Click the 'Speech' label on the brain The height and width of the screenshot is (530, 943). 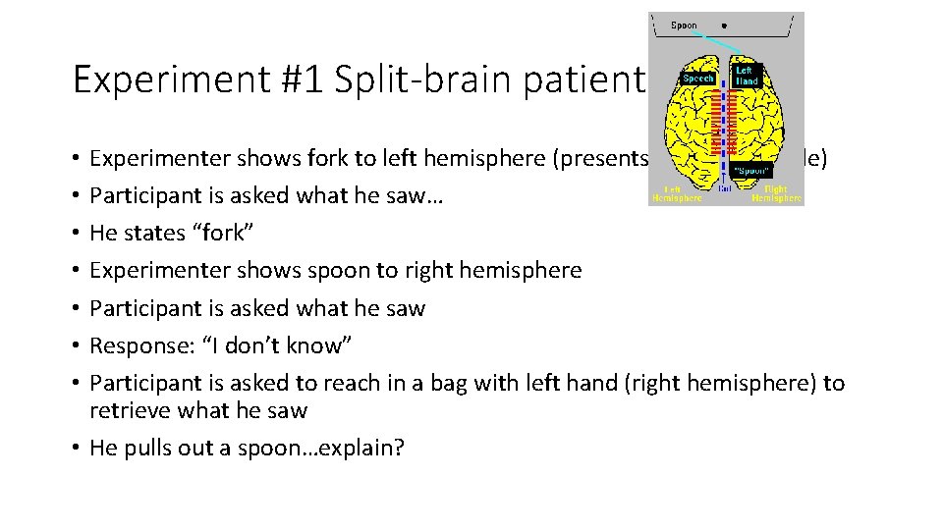click(697, 78)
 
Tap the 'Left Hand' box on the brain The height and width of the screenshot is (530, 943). click(748, 76)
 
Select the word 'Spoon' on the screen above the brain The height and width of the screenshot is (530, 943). click(685, 26)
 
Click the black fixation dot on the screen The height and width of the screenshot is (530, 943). click(725, 26)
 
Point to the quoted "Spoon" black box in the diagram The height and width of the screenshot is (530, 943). click(752, 170)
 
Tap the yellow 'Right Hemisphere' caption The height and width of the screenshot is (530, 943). click(776, 193)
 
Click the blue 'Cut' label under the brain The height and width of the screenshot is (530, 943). click(726, 187)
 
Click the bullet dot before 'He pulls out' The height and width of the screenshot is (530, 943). click(77, 449)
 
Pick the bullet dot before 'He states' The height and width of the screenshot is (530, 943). click(77, 234)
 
